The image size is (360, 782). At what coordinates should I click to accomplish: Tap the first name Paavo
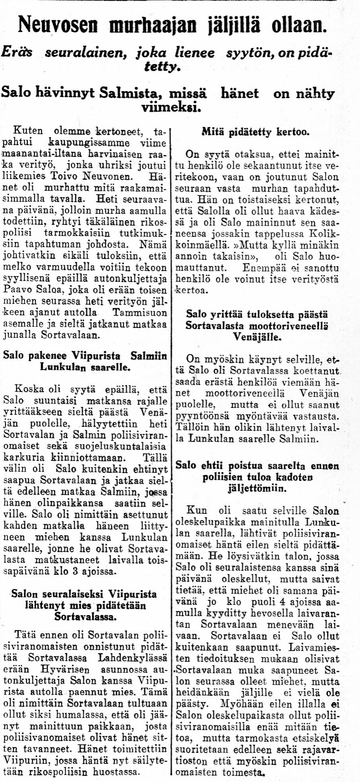pyautogui.click(x=16, y=291)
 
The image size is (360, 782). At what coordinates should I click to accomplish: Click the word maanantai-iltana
pyautogui.click(x=41, y=153)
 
